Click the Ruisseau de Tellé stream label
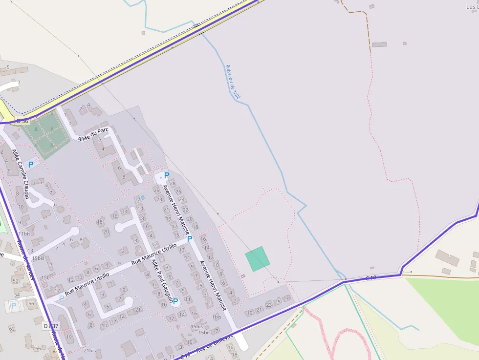233,82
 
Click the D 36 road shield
22,121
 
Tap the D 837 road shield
51,326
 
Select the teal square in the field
257,259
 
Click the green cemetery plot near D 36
44,135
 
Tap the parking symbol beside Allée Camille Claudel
31,165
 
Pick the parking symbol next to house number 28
166,175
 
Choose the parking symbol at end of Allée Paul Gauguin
175,301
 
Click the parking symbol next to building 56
14,306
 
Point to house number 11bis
24,234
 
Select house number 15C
45,277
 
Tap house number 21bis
89,350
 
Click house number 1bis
217,317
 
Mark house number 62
12,329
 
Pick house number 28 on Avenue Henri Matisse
173,183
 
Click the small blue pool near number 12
143,197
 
